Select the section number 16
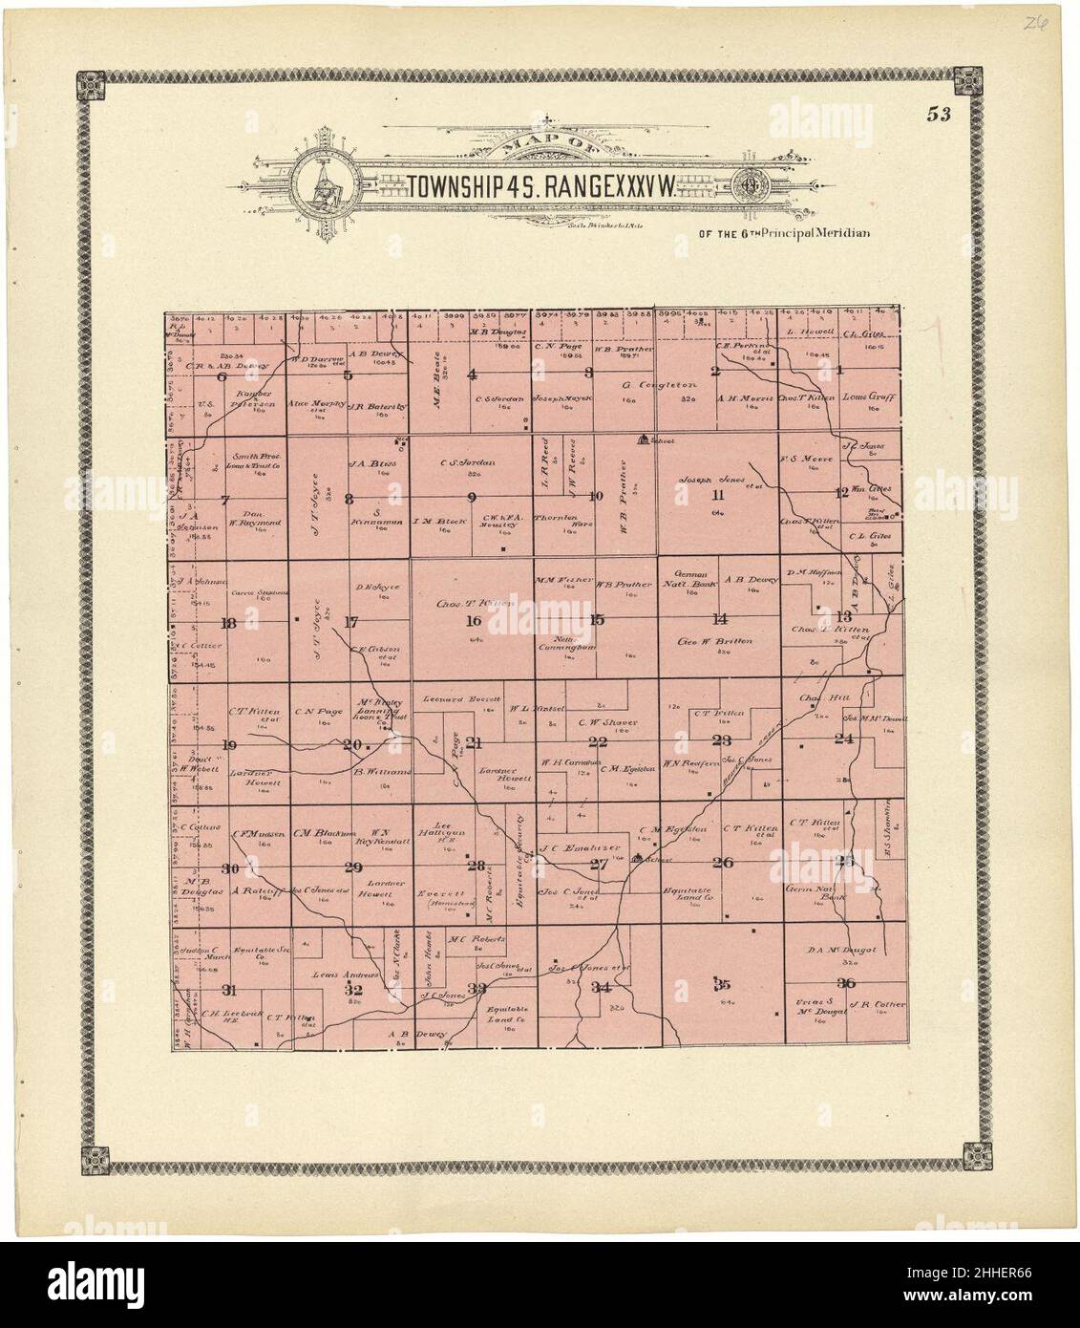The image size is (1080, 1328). tap(473, 621)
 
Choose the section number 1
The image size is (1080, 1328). tap(839, 370)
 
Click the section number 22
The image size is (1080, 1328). tap(598, 742)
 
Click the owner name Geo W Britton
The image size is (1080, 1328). tap(718, 642)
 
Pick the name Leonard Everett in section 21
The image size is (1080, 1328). tap(462, 698)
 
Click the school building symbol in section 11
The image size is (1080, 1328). tap(644, 439)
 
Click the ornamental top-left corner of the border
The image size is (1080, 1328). tap(93, 85)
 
